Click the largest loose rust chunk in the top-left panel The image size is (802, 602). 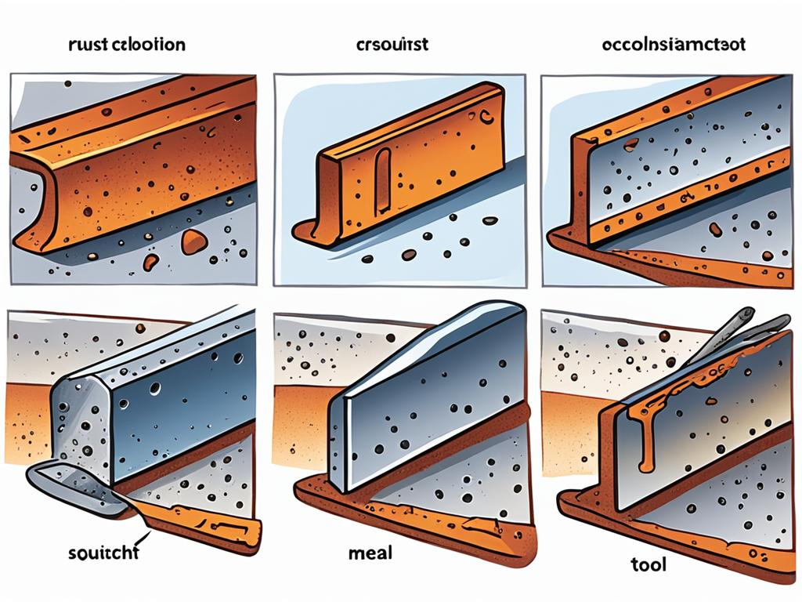click(193, 241)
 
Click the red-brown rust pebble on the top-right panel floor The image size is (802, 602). click(715, 229)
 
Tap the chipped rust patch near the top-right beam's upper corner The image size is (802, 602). click(630, 143)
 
